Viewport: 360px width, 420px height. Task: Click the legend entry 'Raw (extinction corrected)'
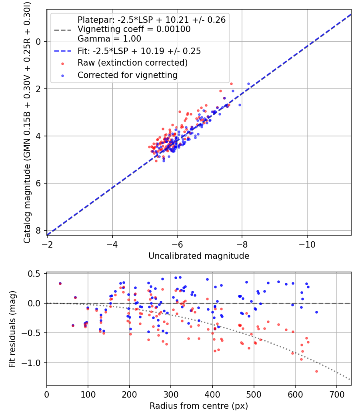132,63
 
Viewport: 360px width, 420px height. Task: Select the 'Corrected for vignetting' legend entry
128,75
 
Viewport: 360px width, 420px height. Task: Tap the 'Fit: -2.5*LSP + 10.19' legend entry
139,51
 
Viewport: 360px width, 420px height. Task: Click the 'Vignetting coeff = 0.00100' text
134,29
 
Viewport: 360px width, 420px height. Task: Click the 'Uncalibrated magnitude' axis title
199,256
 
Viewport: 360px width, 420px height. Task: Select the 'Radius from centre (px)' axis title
199,406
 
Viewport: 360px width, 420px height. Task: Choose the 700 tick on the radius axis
336,394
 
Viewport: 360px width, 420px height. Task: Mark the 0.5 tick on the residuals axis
37,274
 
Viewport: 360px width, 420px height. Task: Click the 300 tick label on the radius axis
171,394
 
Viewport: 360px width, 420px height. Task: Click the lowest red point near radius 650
316,371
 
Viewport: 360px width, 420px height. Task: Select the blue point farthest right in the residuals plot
316,312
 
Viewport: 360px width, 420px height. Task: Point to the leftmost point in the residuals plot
60,283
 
